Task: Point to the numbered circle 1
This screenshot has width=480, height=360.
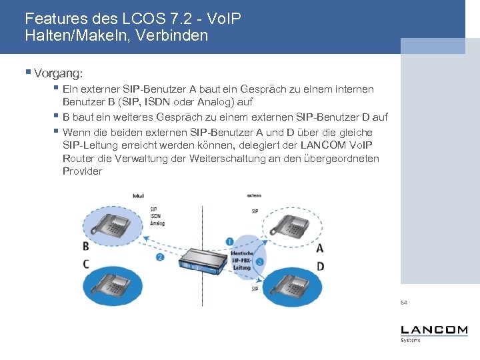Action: (x=229, y=241)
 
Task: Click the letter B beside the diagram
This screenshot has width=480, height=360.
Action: (x=86, y=247)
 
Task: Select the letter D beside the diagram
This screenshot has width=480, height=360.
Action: (x=320, y=266)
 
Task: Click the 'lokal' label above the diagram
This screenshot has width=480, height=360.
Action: (x=139, y=196)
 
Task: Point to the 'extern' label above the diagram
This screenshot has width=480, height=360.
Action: (x=254, y=196)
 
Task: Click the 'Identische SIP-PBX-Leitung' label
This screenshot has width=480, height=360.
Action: (x=241, y=261)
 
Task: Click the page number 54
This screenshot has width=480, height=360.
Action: (x=404, y=303)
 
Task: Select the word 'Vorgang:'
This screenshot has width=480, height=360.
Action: (x=57, y=71)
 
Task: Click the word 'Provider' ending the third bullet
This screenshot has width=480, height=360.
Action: (x=82, y=171)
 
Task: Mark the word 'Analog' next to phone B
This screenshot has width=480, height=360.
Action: (x=157, y=223)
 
